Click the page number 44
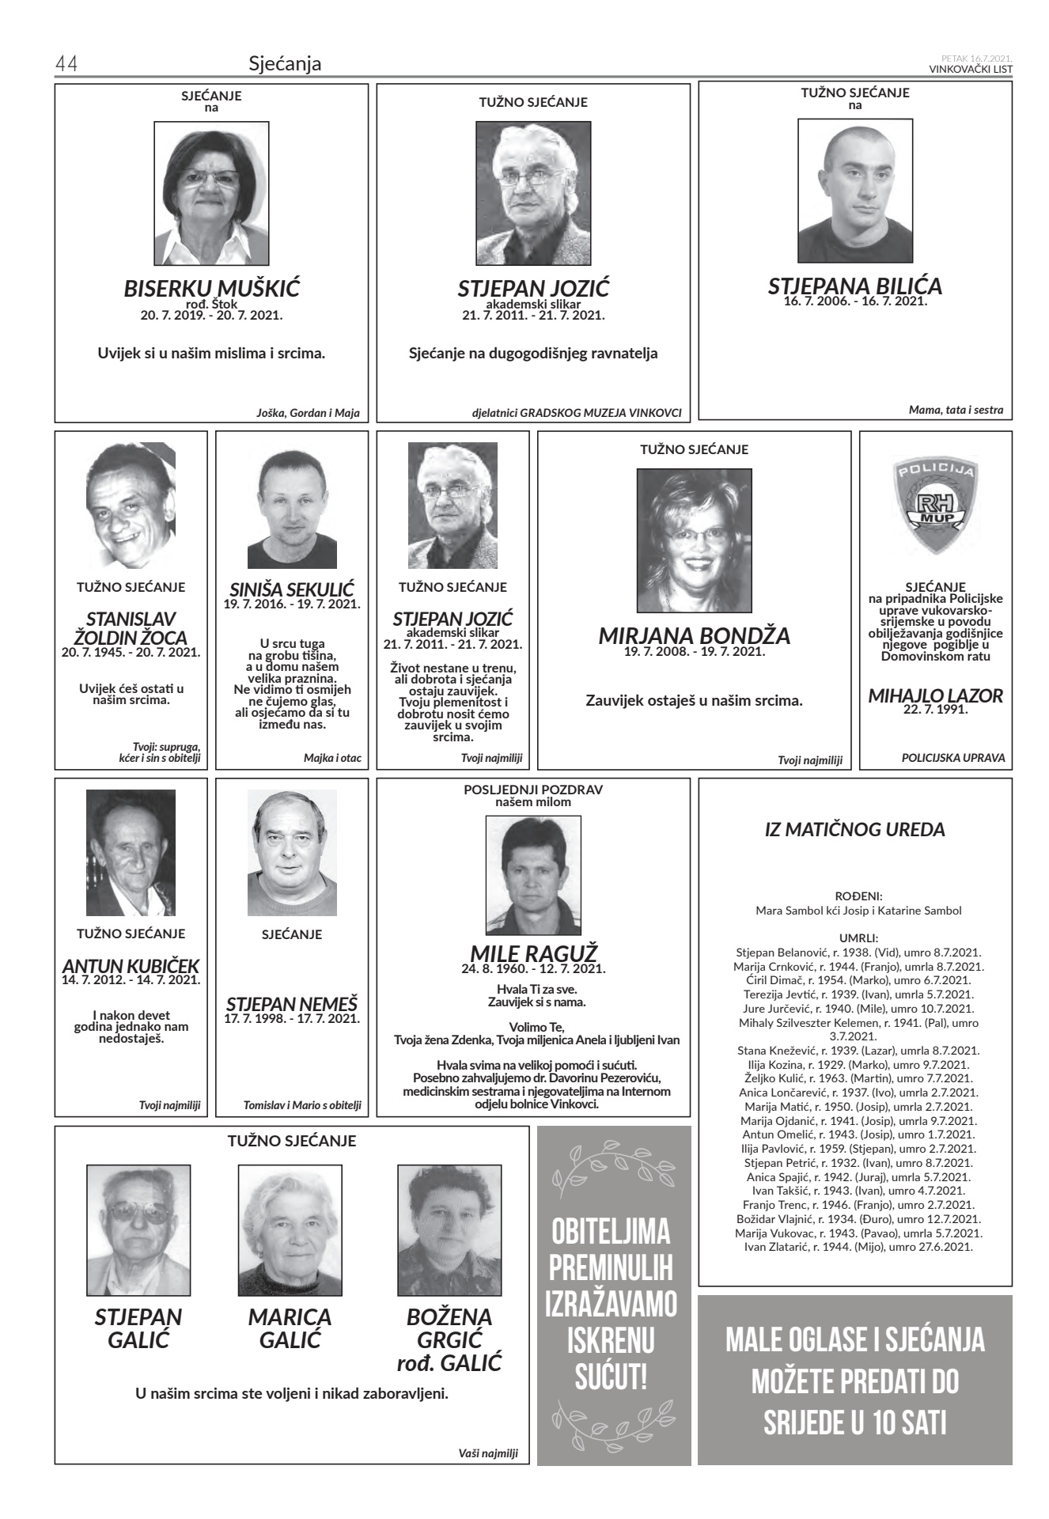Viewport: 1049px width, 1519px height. point(66,64)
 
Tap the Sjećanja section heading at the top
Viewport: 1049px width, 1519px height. point(285,63)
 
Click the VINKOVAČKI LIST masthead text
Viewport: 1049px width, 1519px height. point(971,69)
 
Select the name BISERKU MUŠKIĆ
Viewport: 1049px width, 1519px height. point(211,288)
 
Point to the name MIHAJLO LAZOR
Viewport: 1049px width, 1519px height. point(935,696)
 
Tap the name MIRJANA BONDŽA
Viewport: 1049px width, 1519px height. point(694,635)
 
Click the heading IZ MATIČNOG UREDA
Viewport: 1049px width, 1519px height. point(854,830)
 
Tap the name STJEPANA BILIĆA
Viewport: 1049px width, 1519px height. point(854,286)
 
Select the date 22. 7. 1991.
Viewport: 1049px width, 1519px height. point(935,709)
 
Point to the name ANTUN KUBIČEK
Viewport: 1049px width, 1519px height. point(131,966)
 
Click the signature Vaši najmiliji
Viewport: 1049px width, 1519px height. point(487,1453)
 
